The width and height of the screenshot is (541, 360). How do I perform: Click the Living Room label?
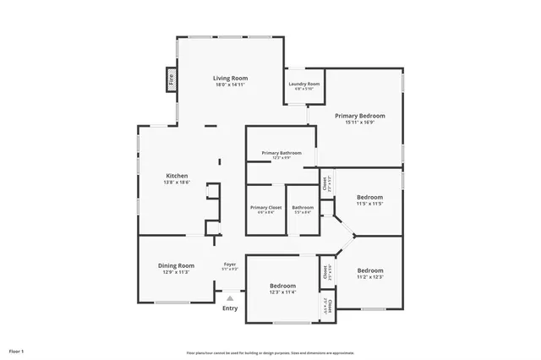coord(230,78)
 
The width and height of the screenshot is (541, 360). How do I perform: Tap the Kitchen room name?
coord(177,175)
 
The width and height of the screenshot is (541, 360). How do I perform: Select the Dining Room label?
coord(177,265)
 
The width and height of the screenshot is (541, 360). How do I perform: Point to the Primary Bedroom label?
coord(359,115)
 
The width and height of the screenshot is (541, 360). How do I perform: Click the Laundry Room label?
coord(303,84)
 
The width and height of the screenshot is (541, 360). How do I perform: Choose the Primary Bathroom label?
coord(281,153)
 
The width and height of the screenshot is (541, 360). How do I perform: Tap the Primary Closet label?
coord(266,207)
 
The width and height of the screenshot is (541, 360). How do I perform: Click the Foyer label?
coord(230,265)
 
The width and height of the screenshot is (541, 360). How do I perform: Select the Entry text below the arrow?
coord(230,308)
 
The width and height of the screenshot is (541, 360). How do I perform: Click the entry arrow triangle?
coord(230,297)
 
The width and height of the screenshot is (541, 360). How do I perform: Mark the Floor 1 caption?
coord(16,350)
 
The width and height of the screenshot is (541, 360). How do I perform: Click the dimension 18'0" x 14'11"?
coord(230,85)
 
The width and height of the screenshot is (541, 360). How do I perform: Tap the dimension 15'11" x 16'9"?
coord(359,123)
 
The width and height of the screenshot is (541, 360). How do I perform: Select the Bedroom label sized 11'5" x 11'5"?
coord(369,197)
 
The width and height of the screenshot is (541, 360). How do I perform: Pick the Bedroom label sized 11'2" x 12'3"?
coord(370,270)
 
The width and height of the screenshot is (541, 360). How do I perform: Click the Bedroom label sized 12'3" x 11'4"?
coord(282,286)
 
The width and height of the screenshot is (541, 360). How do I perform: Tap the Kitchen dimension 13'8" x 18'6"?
coord(177,182)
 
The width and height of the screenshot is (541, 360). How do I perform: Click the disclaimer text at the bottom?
coord(270,352)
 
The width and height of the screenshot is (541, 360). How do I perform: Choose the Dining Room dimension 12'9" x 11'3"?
coord(177,272)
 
